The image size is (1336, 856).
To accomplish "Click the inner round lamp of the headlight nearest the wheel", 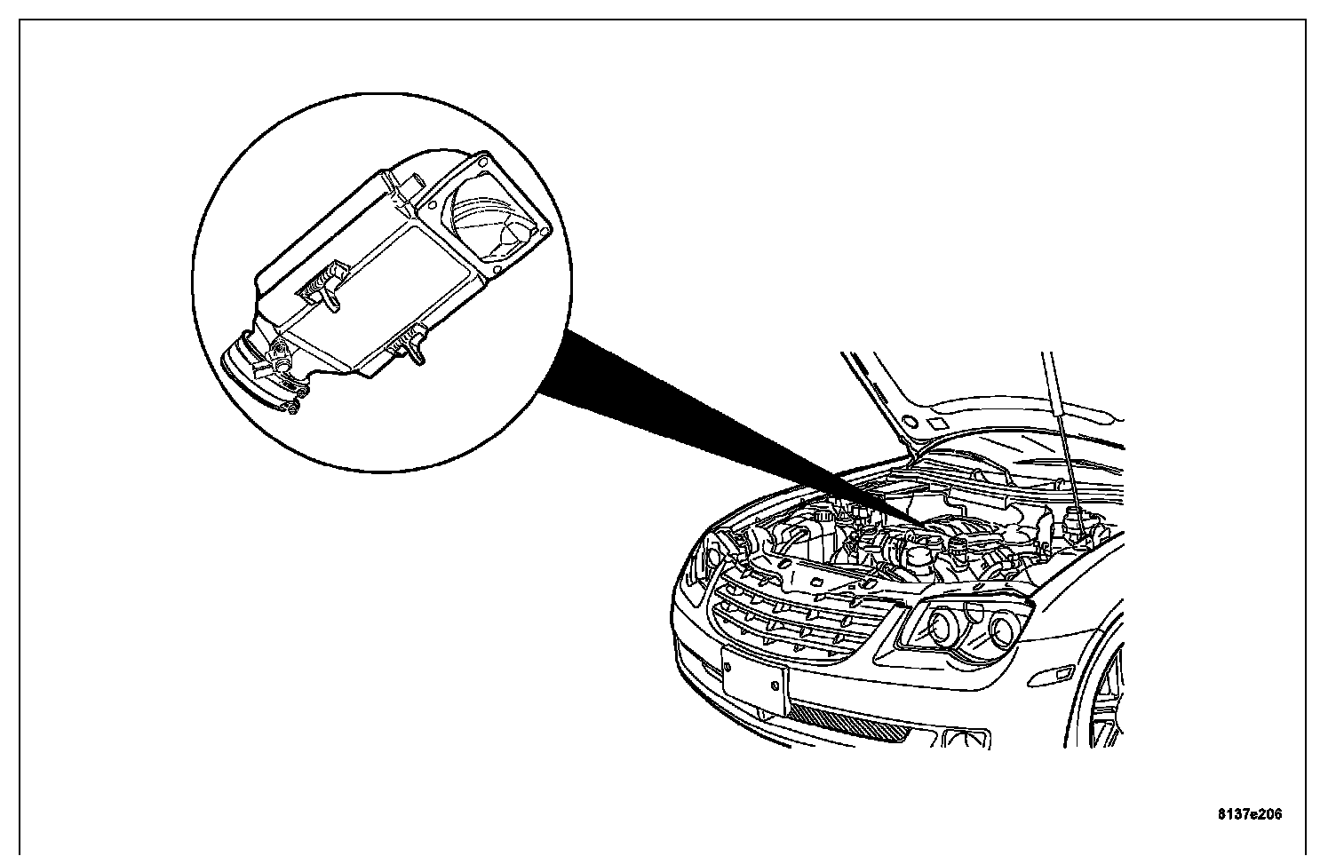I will click(x=1004, y=630).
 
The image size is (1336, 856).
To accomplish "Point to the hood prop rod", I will click(x=1064, y=444).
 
